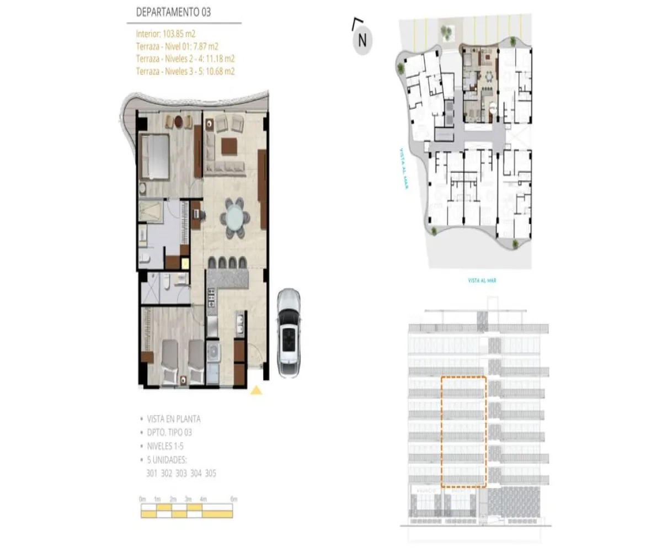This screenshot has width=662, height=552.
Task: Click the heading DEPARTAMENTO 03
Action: pyautogui.click(x=173, y=12)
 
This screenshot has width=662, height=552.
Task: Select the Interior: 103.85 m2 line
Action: pyautogui.click(x=166, y=34)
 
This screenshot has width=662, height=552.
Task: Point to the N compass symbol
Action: pyautogui.click(x=362, y=40)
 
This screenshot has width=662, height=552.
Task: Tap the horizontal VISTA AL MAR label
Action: pyautogui.click(x=482, y=281)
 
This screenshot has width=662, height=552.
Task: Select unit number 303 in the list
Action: pyautogui.click(x=181, y=473)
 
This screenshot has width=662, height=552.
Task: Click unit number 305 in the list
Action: pyautogui.click(x=210, y=473)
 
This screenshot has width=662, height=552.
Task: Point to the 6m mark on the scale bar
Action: pyautogui.click(x=233, y=500)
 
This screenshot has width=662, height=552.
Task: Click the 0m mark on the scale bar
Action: pyautogui.click(x=143, y=500)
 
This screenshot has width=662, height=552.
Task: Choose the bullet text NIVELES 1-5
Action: pyautogui.click(x=169, y=446)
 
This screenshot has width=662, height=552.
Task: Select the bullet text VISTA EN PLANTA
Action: pyautogui.click(x=173, y=419)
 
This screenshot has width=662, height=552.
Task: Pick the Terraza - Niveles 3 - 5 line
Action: pyautogui.click(x=185, y=71)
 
